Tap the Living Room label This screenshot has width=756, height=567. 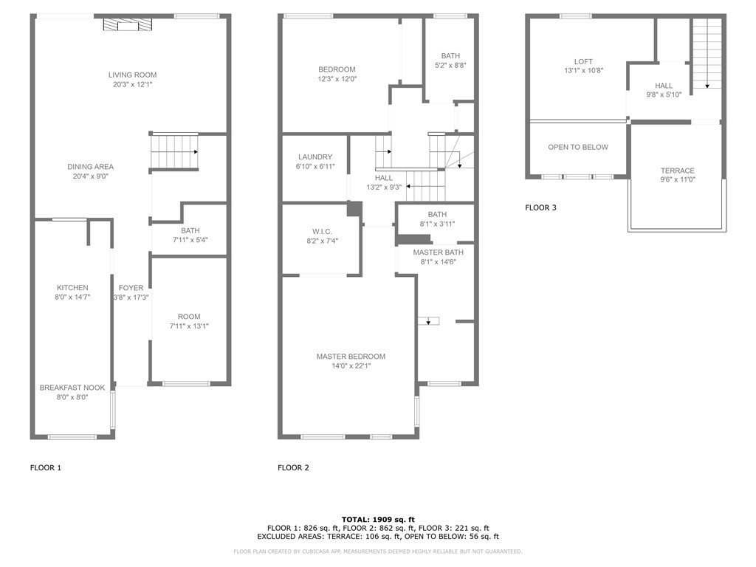[x=133, y=75]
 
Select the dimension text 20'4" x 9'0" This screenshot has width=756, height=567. [x=91, y=176]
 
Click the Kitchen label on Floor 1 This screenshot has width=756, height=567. [x=72, y=288]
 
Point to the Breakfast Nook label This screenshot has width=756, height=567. [x=72, y=388]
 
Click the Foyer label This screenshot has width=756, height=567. [x=131, y=288]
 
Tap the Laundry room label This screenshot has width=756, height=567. [x=315, y=157]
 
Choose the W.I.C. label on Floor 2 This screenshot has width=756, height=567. [x=322, y=232]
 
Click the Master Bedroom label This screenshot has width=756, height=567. [x=351, y=357]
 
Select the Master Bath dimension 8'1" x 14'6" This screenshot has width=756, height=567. [x=439, y=262]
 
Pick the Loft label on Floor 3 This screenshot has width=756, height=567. [x=583, y=62]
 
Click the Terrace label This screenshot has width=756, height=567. [x=678, y=171]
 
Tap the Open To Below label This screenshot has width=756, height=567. [x=578, y=147]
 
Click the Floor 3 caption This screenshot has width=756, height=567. [x=540, y=207]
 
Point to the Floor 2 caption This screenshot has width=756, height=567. [x=293, y=467]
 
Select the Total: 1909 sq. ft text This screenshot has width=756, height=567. [x=378, y=520]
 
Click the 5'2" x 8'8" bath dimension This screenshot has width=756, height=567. [x=451, y=66]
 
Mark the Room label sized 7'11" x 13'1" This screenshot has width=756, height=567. [x=189, y=317]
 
